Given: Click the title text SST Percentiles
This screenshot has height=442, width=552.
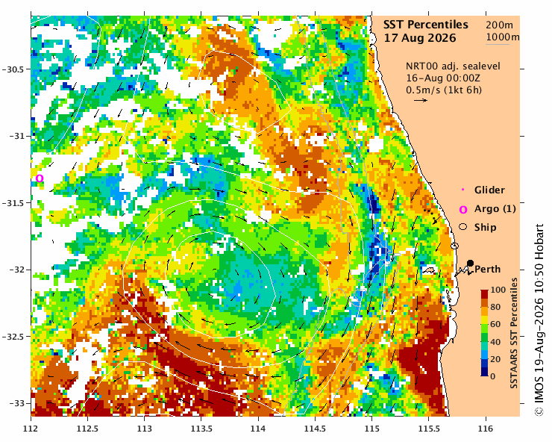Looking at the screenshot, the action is (426, 25).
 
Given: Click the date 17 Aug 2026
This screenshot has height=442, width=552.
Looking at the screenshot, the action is (420, 38).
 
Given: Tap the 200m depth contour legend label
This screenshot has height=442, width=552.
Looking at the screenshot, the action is (500, 25).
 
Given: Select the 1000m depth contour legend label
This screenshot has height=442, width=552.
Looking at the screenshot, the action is (503, 37).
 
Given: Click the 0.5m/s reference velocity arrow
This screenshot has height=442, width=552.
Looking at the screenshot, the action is (421, 101).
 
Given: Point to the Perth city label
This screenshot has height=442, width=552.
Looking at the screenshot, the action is (488, 270).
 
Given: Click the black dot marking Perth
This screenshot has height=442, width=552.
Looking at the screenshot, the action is (470, 263).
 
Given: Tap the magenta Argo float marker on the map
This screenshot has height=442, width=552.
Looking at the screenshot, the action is (40, 178).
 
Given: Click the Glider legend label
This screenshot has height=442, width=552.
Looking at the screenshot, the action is (489, 190).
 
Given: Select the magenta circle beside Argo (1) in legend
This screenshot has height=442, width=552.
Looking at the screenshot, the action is (463, 210).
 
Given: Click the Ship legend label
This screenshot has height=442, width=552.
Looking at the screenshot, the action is (485, 227).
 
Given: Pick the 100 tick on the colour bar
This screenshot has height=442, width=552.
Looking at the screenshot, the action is (498, 290).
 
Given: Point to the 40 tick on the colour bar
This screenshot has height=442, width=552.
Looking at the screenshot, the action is (495, 341).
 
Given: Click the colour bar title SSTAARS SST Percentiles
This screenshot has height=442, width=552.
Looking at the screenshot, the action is (514, 333).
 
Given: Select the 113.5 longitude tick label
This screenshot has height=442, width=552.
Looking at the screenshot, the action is (201, 429).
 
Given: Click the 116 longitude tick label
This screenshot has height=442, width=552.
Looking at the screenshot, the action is (486, 429).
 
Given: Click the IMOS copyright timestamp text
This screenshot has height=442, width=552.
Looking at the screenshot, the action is (539, 320).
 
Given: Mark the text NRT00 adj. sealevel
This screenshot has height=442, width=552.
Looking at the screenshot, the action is (453, 66).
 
